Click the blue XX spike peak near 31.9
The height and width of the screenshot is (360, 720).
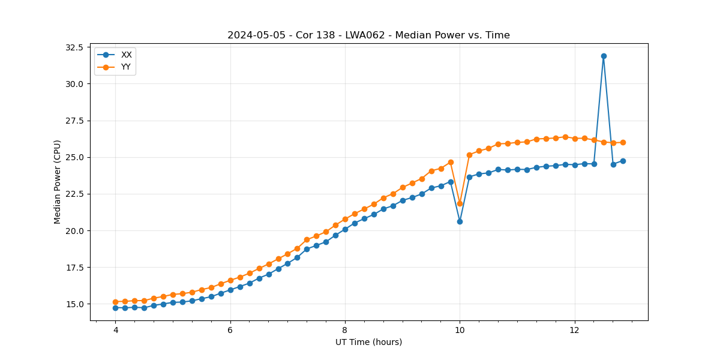(x=604, y=56)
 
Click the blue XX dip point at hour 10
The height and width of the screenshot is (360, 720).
(x=460, y=221)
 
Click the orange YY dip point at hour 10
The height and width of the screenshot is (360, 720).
(x=460, y=203)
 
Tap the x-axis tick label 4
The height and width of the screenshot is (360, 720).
(x=115, y=330)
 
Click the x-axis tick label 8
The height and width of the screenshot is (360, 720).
(x=345, y=330)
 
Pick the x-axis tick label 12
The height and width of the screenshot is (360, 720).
(x=574, y=330)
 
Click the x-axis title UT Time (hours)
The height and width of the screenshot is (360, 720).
(x=368, y=342)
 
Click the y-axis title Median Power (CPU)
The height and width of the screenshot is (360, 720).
(x=58, y=182)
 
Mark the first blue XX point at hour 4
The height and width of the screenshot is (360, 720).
(x=115, y=308)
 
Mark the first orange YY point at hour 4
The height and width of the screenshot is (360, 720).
(x=115, y=302)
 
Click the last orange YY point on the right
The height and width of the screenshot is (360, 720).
(x=623, y=142)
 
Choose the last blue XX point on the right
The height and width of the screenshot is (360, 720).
(x=623, y=161)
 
